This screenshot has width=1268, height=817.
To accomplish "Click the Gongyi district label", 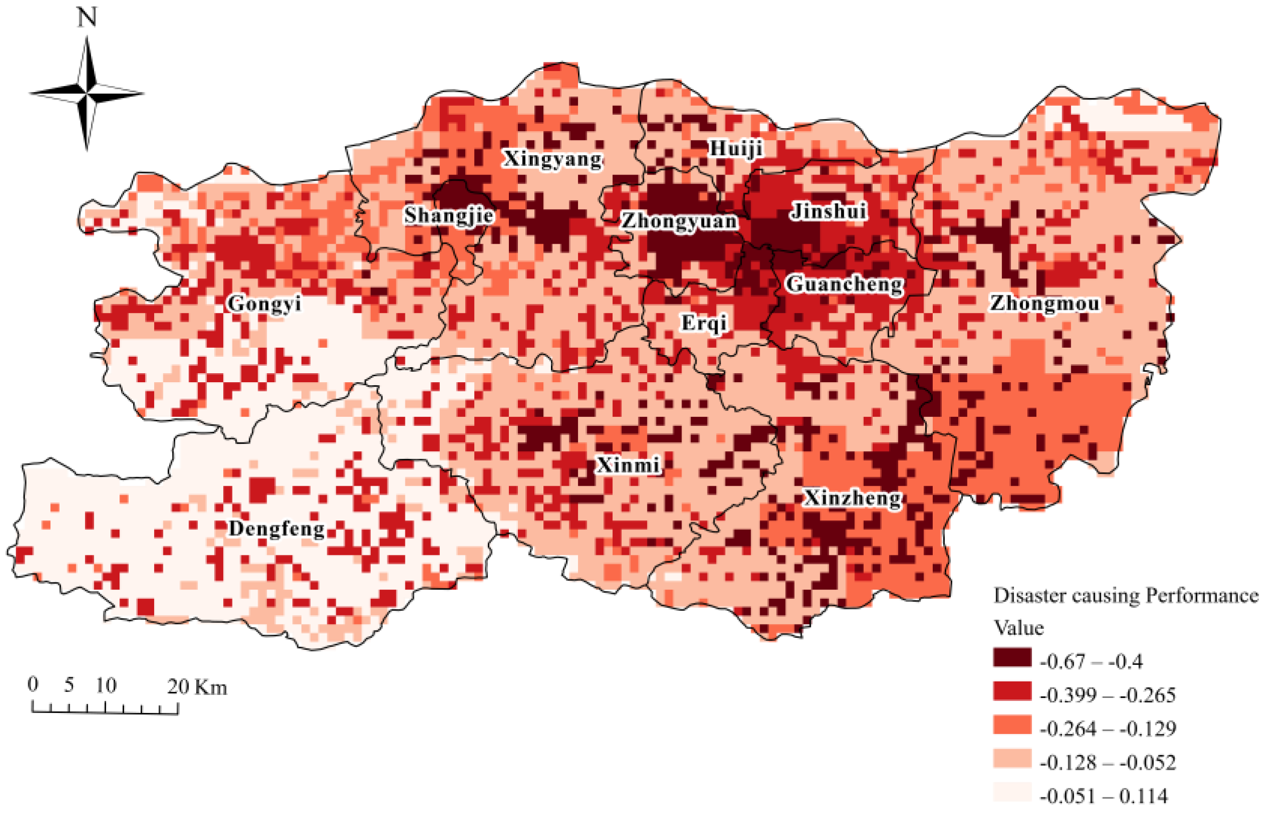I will point(264,304).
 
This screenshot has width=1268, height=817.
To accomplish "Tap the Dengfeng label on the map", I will point(276,529).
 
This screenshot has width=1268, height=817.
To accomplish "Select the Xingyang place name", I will point(552,159).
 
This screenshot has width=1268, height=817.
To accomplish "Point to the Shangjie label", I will point(449,216).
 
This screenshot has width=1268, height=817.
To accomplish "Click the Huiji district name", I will point(736,149).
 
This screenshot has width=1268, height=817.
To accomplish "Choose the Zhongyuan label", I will point(679,221).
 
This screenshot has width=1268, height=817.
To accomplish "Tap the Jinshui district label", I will point(828,211).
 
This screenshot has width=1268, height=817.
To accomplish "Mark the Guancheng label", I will point(844,284).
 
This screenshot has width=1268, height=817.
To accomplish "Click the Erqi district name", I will point(704,323).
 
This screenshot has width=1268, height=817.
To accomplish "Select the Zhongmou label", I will point(1044,304).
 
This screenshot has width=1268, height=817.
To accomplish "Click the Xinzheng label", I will point(852,498).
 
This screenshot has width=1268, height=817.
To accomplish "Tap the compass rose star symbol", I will point(87,94).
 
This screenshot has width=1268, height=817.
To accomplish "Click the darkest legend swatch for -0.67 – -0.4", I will point(1012,657).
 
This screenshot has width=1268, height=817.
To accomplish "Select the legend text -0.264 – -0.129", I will point(1108,728).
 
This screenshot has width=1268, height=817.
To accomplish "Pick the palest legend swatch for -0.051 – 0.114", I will point(1012,792).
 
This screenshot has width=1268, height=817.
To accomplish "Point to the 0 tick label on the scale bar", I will point(33,684).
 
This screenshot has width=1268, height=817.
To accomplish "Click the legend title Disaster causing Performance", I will point(1125,595).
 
